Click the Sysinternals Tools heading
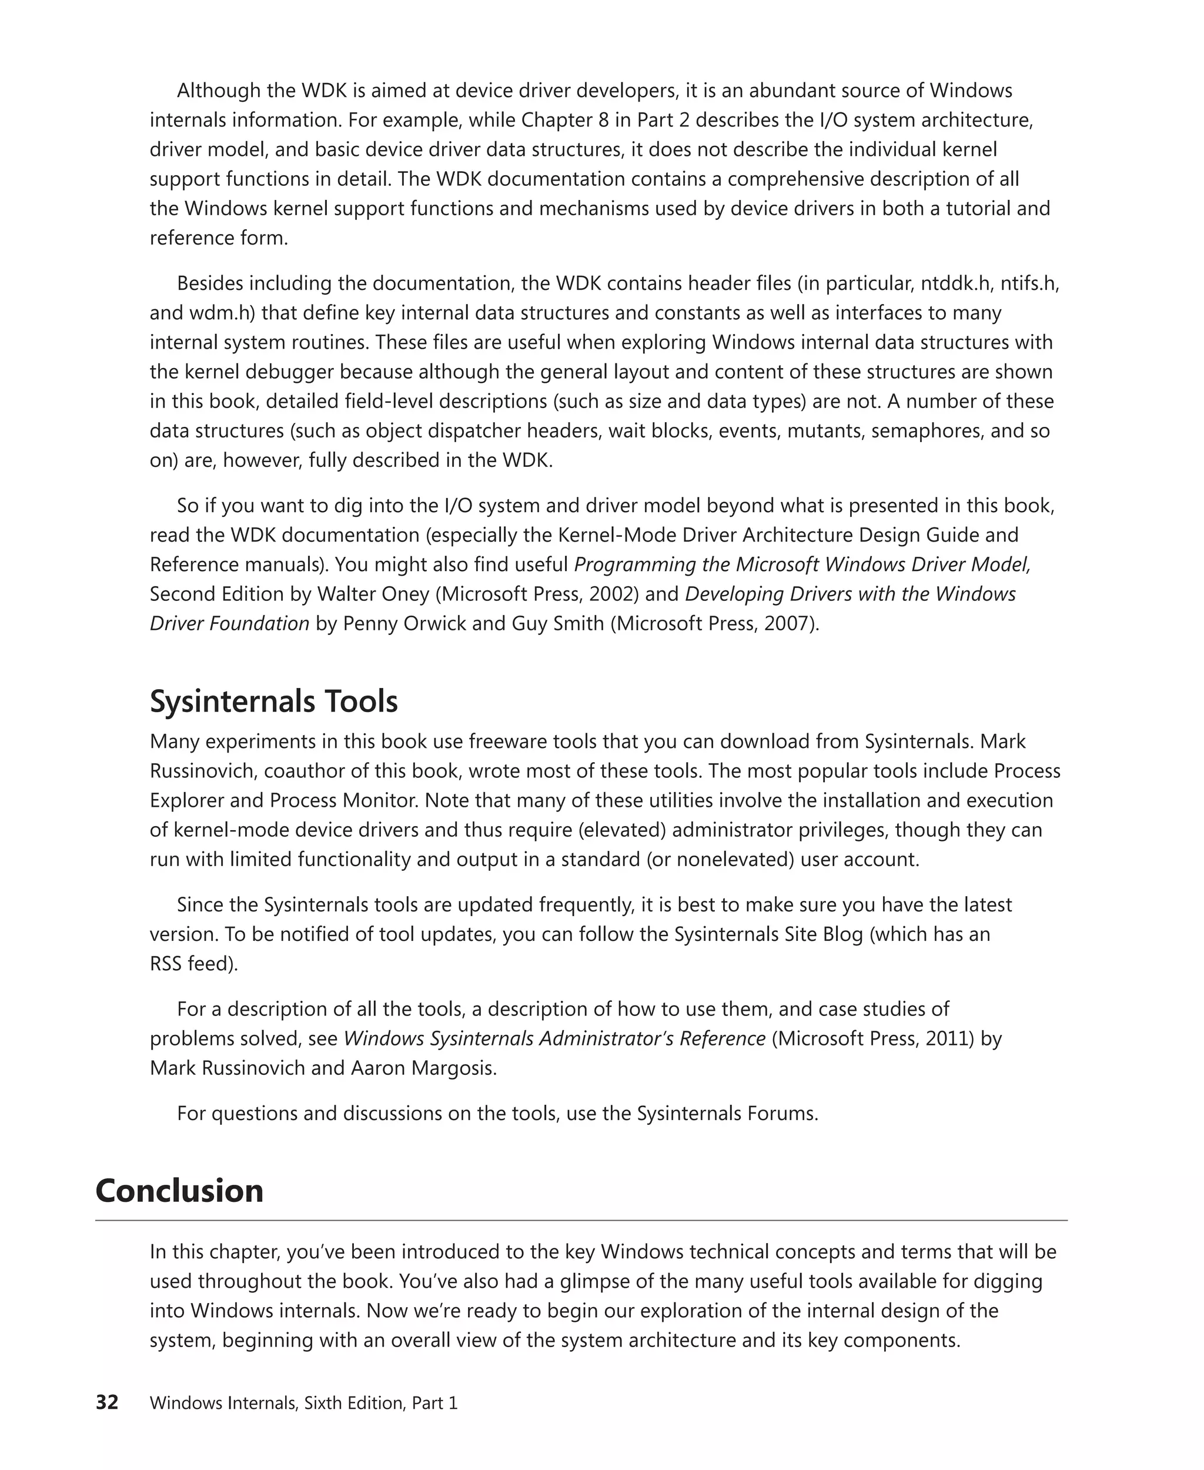click(273, 701)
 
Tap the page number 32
click(107, 1403)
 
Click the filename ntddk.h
click(956, 284)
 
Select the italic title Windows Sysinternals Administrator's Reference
click(554, 1038)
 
